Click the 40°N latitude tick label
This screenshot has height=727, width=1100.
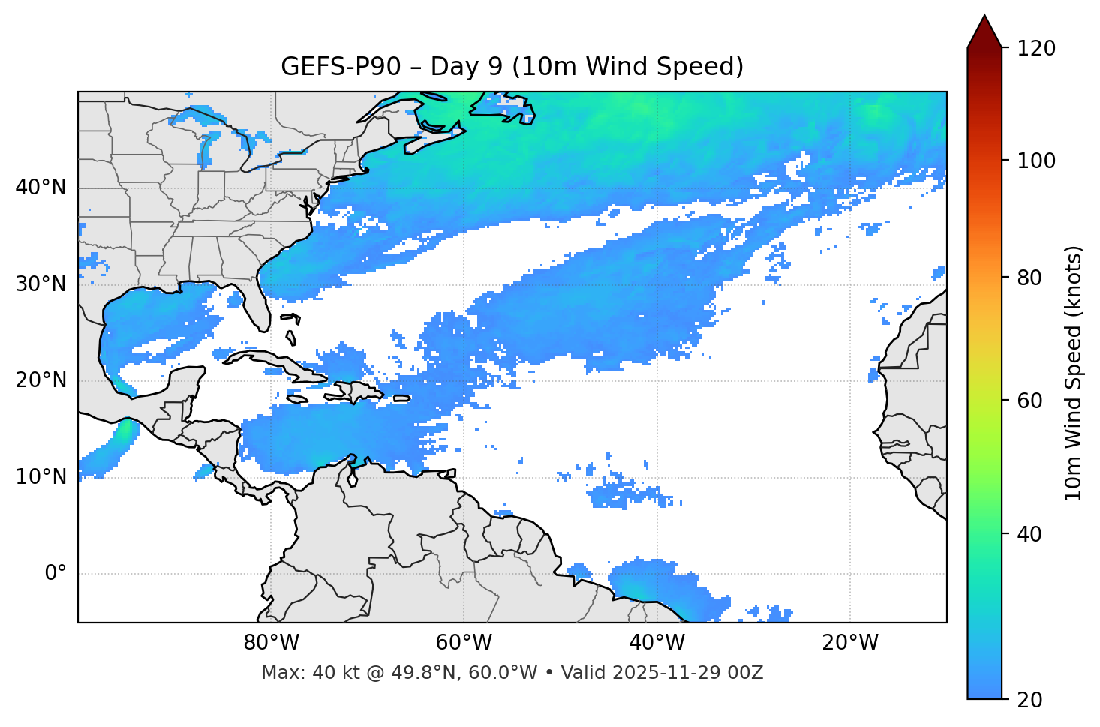[41, 188]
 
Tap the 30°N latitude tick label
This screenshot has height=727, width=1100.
[41, 284]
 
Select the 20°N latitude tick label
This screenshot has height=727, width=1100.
[41, 381]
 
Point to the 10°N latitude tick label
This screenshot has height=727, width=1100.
[41, 477]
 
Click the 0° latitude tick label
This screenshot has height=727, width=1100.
[56, 574]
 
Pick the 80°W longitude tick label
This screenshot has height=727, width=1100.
[271, 643]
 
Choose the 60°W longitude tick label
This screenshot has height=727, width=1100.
[464, 643]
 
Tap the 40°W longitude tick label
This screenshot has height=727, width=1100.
[657, 643]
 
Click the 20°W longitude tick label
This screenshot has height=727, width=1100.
[849, 643]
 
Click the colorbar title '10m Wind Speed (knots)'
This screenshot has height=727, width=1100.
[1074, 373]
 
